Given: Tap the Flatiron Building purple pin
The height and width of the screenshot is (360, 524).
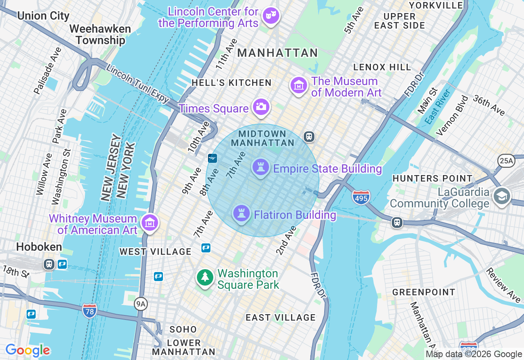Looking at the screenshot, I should click(x=241, y=213).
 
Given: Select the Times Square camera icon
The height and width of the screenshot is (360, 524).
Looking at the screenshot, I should click(x=261, y=107).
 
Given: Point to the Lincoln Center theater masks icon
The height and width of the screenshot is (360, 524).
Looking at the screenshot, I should click(x=271, y=16).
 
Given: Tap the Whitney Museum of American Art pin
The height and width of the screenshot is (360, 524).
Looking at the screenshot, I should click(x=150, y=223).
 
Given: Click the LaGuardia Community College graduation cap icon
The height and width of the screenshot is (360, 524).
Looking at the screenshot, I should click(x=501, y=196).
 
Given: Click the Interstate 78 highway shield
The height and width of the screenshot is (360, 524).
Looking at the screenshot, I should click(x=90, y=311).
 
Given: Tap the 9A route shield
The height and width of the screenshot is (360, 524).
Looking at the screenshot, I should click(x=141, y=304).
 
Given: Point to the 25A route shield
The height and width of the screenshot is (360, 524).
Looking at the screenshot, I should click(x=506, y=161).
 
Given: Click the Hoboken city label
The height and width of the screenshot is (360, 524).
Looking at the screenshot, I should click(x=39, y=247).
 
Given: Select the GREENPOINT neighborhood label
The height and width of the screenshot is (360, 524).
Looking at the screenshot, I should click(x=424, y=292).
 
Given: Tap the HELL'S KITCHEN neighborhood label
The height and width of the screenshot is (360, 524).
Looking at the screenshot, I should click(x=231, y=83).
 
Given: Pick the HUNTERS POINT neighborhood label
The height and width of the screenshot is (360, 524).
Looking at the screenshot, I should click(x=432, y=178).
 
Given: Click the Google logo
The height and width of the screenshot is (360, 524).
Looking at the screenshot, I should click(x=27, y=350).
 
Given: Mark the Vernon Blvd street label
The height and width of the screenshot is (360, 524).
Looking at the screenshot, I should click(x=452, y=116).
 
